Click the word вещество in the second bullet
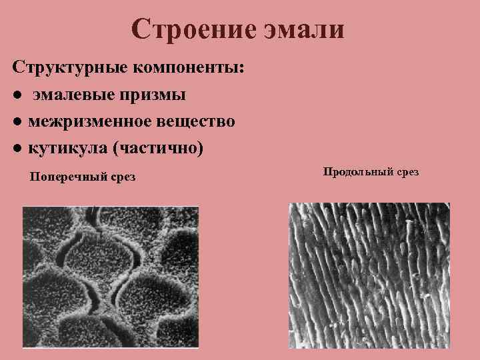click(x=199, y=121)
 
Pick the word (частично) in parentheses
click(x=157, y=147)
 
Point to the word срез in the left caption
click(x=121, y=178)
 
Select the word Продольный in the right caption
click(x=357, y=173)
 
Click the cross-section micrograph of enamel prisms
click(x=111, y=277)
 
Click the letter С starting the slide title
click(x=141, y=29)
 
